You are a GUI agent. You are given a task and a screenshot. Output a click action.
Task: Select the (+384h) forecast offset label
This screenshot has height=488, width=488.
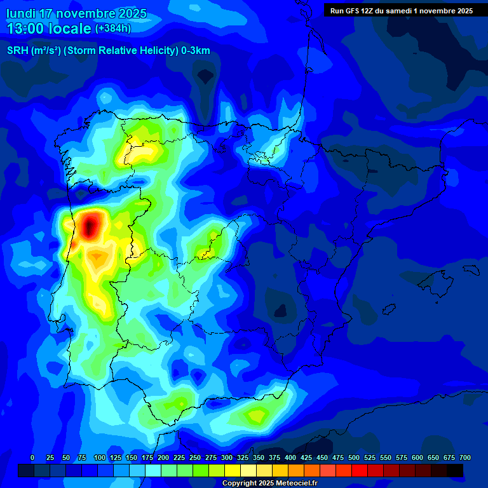[x=112, y=29]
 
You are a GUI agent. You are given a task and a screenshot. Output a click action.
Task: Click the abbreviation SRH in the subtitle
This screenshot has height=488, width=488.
[x=17, y=51]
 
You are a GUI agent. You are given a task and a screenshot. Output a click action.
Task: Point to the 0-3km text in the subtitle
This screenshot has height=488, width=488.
[x=195, y=51]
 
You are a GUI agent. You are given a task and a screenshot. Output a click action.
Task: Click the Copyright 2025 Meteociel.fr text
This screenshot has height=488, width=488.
[x=269, y=484]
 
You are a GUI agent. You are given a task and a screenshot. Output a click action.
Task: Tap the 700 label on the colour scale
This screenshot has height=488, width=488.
[x=465, y=457]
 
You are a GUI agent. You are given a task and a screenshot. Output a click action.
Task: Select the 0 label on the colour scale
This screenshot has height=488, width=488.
[x=32, y=457]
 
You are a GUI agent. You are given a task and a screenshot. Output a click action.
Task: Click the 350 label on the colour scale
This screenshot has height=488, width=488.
[x=259, y=457]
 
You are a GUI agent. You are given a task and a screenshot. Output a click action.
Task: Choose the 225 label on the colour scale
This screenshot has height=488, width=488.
[x=179, y=457]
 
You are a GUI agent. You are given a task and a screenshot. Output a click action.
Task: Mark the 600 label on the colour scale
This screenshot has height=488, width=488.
[x=417, y=457]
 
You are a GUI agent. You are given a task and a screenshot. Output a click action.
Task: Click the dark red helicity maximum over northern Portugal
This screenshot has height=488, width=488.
[x=90, y=225]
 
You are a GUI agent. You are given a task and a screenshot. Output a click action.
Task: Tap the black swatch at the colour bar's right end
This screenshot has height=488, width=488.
[x=455, y=470]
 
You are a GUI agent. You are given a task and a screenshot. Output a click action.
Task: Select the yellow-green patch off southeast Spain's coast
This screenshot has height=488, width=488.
[x=257, y=416]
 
